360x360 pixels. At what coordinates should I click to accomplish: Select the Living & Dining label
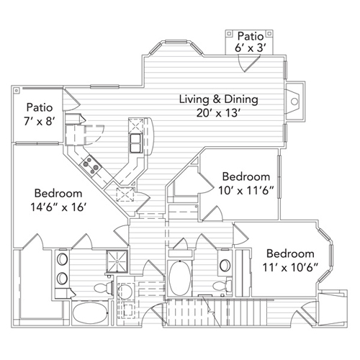pyautogui.click(x=218, y=99)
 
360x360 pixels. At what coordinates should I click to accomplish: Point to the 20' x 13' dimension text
pyautogui.click(x=218, y=113)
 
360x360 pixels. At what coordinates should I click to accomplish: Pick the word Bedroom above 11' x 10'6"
pyautogui.click(x=291, y=254)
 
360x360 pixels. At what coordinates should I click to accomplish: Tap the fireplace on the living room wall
pyautogui.click(x=293, y=102)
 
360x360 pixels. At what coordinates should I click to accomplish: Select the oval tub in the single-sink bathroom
pyautogui.click(x=179, y=276)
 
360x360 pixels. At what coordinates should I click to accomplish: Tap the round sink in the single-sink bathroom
pyautogui.click(x=224, y=263)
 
